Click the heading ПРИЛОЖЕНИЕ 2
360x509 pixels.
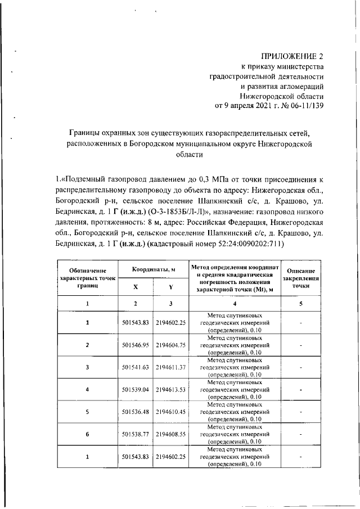tap(293, 56)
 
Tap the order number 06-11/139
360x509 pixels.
tap(304, 105)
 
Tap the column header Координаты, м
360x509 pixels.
tap(154, 269)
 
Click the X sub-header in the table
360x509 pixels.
tap(135, 286)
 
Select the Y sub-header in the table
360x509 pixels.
tap(170, 286)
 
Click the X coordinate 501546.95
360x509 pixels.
tap(135, 345)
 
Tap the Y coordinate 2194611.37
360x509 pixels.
tap(170, 367)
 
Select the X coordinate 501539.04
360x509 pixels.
tap(135, 389)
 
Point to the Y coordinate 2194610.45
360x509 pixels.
tap(170, 412)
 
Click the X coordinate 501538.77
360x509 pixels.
tap(135, 434)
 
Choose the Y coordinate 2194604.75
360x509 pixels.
tap(170, 345)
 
